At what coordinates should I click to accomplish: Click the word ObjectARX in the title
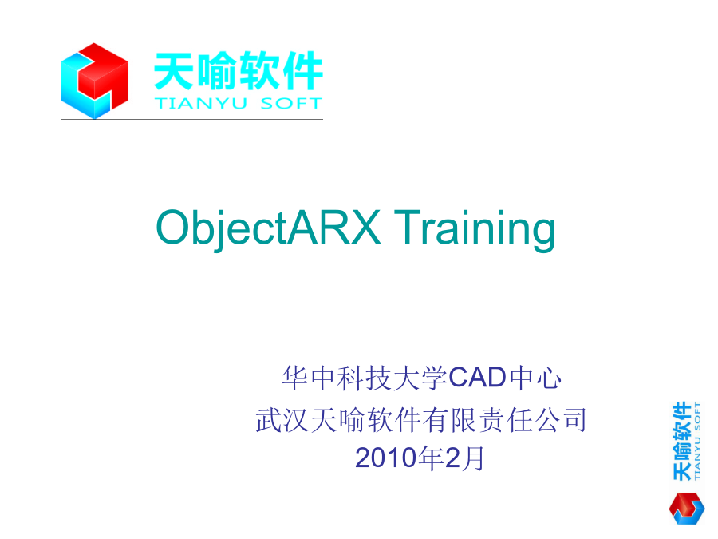pyautogui.click(x=268, y=228)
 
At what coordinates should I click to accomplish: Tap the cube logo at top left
pyautogui.click(x=94, y=81)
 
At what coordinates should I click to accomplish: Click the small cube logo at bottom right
pyautogui.click(x=686, y=508)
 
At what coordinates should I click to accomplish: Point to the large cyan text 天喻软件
pyautogui.click(x=239, y=71)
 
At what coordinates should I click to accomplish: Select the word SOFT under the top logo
pyautogui.click(x=291, y=104)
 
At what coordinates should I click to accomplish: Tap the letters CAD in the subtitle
pyautogui.click(x=477, y=378)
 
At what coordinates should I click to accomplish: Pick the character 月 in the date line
pyautogui.click(x=473, y=458)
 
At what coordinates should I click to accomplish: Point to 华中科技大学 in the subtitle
pyautogui.click(x=365, y=378)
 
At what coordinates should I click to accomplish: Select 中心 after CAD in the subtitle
pyautogui.click(x=535, y=378)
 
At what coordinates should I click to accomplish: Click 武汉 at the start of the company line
pyautogui.click(x=282, y=420)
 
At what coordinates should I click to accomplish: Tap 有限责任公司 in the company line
pyautogui.click(x=504, y=420)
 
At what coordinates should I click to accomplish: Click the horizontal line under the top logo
pyautogui.click(x=191, y=119)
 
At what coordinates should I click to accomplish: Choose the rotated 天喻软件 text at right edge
pyautogui.click(x=682, y=441)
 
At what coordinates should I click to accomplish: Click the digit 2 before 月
pyautogui.click(x=452, y=458)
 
